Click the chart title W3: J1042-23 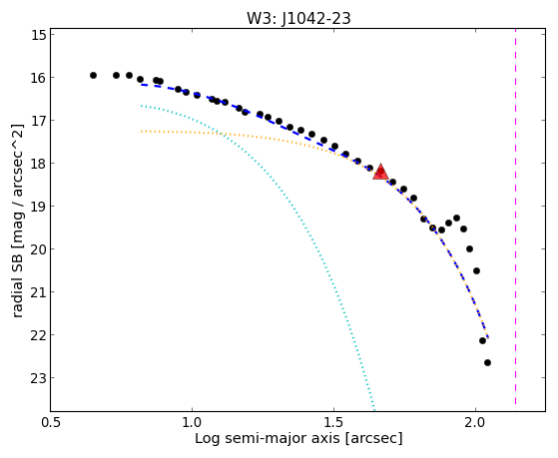tap(298, 18)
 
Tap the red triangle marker tap(380, 172)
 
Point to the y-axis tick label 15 tap(39, 35)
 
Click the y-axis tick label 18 tap(39, 164)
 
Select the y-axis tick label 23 tap(39, 378)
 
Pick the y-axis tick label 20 tap(39, 249)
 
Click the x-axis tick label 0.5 tap(51, 422)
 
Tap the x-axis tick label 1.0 tap(193, 422)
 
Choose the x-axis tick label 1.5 tap(333, 422)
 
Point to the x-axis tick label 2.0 tap(475, 422)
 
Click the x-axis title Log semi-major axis tap(268, 439)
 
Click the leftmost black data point tap(93, 75)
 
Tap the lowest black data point tap(487, 362)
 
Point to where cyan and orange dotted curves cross tap(222, 134)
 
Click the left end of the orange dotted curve tap(142, 132)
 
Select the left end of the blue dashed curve tap(142, 85)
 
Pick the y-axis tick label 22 tap(39, 335)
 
